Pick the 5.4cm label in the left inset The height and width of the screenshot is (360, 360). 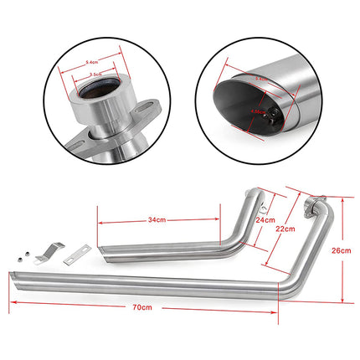pos(95,59)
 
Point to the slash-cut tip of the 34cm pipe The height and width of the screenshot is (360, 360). pos(102,252)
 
